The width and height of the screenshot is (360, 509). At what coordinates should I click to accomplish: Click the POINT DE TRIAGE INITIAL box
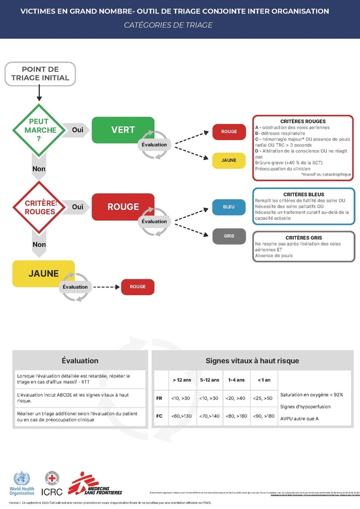pos(40,73)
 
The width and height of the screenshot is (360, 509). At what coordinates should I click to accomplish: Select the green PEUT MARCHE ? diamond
pos(39,130)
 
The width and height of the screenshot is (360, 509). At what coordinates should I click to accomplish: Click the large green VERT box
pos(123,130)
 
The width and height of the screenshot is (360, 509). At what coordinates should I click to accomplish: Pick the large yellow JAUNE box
pos(43,273)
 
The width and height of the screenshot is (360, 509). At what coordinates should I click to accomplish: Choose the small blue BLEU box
pos(229,207)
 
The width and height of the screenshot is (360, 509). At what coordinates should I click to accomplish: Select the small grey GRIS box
pos(229,236)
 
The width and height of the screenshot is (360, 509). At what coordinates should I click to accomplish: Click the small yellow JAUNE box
pos(229,161)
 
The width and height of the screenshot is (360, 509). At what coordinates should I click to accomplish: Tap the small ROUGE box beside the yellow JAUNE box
pos(138,287)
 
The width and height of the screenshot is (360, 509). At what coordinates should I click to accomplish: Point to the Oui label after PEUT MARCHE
pos(78,130)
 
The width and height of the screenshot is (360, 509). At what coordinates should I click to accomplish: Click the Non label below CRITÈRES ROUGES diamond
pos(39,245)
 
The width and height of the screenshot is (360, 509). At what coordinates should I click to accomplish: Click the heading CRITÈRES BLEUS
pos(303,194)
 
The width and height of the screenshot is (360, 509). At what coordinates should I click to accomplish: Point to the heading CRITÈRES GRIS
pos(303,238)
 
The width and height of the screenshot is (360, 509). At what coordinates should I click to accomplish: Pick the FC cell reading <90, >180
pos(264,416)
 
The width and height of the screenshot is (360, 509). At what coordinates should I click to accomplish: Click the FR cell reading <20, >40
pos(236,398)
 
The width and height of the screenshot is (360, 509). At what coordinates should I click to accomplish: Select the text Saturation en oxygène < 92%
pos(312,395)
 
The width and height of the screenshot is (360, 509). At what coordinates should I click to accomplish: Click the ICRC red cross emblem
pos(52,478)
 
